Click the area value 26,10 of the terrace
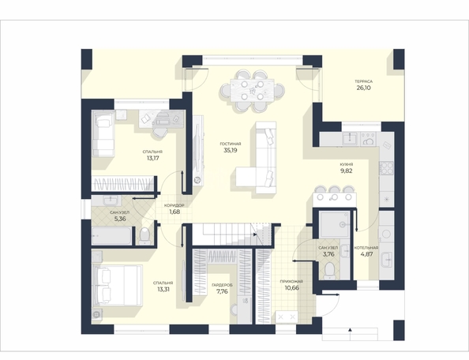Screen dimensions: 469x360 point(363,88)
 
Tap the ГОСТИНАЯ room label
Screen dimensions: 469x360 point(231,144)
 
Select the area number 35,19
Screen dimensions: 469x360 point(231,151)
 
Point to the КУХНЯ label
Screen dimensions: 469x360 point(347,164)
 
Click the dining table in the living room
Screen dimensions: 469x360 point(253,90)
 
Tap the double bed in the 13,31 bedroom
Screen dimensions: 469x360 point(117,285)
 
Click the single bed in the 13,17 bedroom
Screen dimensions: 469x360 point(103,133)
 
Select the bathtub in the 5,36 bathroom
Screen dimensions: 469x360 point(111,235)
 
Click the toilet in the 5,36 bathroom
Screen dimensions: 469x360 point(145,236)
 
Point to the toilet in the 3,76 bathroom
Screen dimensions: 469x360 point(330,269)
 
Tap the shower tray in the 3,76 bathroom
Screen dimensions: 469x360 point(334,224)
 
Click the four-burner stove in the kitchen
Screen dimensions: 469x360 point(386,167)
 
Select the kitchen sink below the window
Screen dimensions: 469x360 point(350,138)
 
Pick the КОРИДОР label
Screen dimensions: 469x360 point(174,206)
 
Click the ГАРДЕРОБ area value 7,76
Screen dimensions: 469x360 point(222,291)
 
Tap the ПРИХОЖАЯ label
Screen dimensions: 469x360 point(291,281)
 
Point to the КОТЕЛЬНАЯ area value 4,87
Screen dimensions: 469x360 point(366,254)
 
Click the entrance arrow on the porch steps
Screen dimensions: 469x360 point(350,330)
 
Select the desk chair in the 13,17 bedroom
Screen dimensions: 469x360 point(159,131)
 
